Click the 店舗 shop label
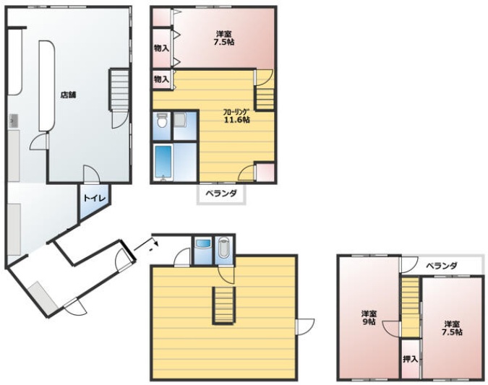68,95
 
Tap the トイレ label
95,198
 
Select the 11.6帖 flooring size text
237,119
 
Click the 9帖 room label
369,321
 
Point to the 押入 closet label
410,359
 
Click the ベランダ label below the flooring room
221,194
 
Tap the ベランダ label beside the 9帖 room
441,266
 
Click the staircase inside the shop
119,90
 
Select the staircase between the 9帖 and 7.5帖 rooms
411,307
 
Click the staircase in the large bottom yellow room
223,306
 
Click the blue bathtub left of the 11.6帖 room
163,162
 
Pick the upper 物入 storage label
161,48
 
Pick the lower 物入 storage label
161,79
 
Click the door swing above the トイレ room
92,174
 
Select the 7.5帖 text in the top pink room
224,42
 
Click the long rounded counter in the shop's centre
47,85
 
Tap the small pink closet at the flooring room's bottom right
265,172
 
